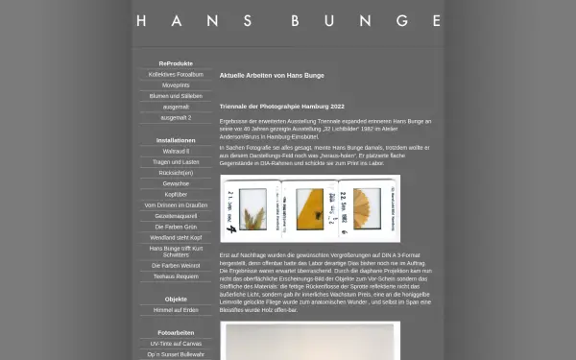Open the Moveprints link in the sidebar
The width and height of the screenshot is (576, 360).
coord(176,85)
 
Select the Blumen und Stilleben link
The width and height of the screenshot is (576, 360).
coord(176,96)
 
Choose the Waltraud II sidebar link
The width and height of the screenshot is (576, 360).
coord(176,151)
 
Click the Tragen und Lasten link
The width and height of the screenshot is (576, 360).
coord(176,161)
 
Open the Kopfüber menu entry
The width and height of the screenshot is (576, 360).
coord(176,194)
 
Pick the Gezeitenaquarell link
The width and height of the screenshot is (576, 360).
coord(176,216)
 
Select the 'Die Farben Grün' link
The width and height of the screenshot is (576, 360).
coord(176,227)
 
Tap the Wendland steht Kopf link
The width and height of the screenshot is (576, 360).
coord(176,237)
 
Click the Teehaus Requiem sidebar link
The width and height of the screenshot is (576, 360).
coord(176,276)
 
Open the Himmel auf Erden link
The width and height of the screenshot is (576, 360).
coord(176,309)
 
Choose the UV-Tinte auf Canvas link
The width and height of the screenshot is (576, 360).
coord(176,343)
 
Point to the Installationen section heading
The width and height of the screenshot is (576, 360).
coord(176,140)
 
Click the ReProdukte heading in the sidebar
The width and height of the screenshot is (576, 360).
coord(176,63)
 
